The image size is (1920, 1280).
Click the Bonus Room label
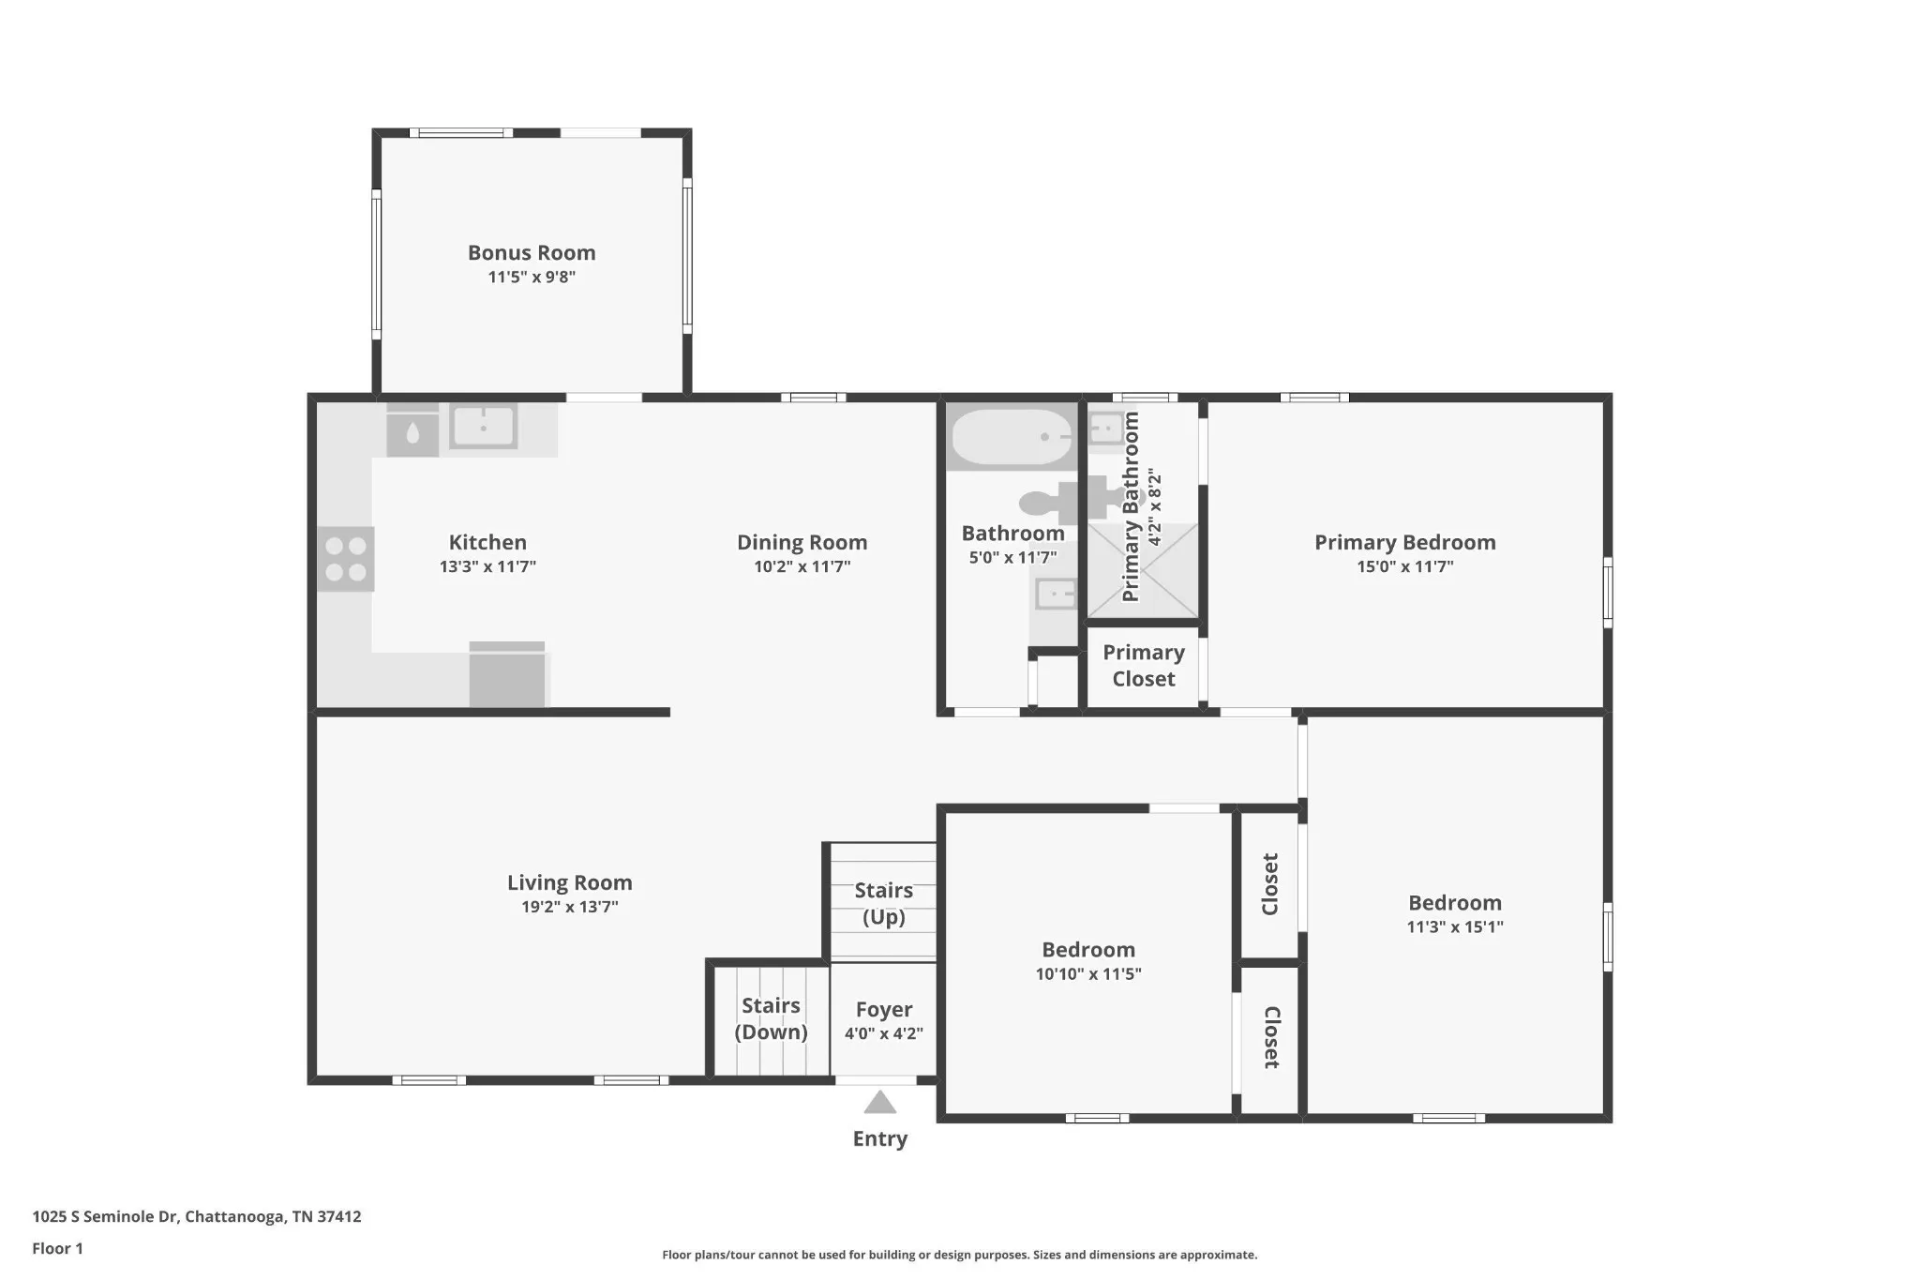pos(532,252)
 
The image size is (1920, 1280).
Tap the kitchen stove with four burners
pos(346,559)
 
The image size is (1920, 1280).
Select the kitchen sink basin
pos(483,427)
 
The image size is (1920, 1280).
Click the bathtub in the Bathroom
pos(1012,437)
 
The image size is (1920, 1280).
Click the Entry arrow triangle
pos(879,1102)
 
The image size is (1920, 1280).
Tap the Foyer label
pos(884,1010)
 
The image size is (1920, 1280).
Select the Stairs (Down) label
pos(771,1018)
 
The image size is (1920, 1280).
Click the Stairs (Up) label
pos(884,903)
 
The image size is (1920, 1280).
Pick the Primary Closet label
pos(1144,665)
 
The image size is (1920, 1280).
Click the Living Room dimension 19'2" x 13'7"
pos(570,907)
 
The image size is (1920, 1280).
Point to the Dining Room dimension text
pos(802,566)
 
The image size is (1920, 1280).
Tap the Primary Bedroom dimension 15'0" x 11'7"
pos(1405,566)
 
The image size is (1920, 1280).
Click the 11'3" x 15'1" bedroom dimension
pos(1455,926)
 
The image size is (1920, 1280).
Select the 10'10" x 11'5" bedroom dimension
pos(1088,973)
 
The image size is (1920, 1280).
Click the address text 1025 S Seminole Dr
pos(105,1216)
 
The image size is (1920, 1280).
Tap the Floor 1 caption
pos(57,1248)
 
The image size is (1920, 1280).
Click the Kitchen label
pos(487,542)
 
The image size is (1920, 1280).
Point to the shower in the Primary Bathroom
pos(1142,570)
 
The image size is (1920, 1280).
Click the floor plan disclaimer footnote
pos(960,1255)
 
